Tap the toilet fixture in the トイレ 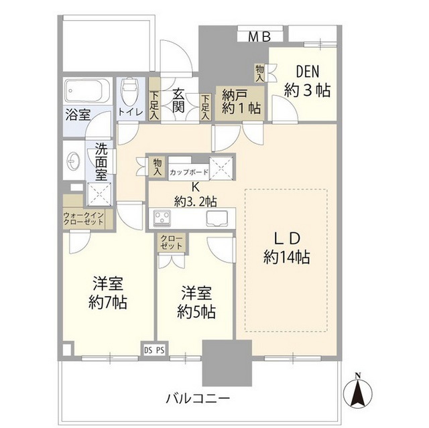tap(129, 91)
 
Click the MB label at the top tap(255, 37)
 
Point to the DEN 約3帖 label tap(306, 81)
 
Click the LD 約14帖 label tap(286, 248)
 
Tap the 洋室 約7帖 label tap(108, 292)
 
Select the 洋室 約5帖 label tap(196, 303)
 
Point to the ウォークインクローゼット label tap(83, 219)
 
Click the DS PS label tap(154, 348)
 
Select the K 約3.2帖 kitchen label tap(195, 194)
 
